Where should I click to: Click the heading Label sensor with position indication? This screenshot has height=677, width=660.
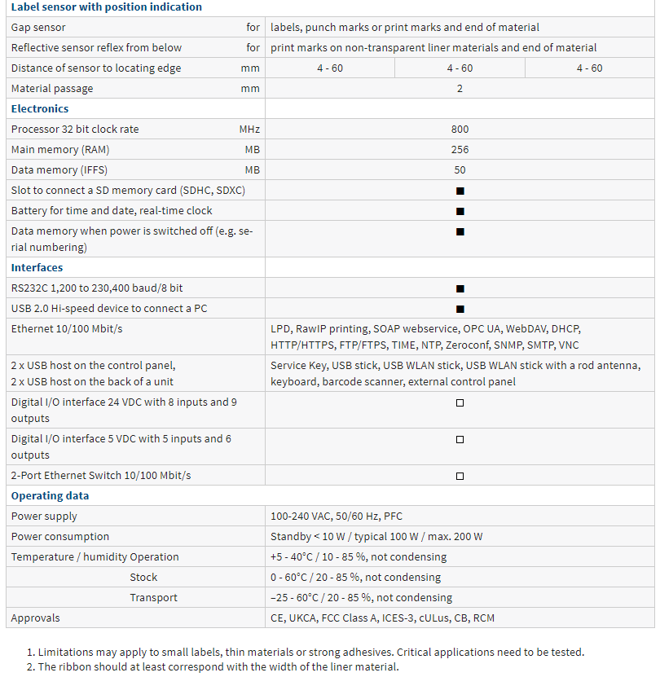coord(107,7)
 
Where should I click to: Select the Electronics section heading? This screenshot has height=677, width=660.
coord(40,108)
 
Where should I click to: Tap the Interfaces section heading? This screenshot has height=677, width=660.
coord(37,267)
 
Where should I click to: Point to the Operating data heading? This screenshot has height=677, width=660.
coord(51,495)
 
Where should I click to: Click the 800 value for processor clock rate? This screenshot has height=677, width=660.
coord(460,130)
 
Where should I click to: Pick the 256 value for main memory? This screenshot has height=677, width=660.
coord(460,150)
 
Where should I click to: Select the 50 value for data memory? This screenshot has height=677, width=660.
coord(460,170)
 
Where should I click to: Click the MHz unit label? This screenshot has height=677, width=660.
coord(249,130)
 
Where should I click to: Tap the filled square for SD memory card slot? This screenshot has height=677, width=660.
coord(460,191)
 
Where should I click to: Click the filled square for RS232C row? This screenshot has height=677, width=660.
coord(460,288)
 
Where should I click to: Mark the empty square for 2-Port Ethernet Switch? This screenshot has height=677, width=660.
coord(460,476)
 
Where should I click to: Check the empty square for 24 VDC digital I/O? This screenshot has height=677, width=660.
coord(460,402)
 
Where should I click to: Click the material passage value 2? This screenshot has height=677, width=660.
coord(460,89)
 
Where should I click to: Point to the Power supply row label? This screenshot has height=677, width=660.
coord(44,516)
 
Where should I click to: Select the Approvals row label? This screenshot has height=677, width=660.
coord(36,618)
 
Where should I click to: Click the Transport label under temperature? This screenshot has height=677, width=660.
coord(153,597)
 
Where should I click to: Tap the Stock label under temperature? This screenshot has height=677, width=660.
coord(143,577)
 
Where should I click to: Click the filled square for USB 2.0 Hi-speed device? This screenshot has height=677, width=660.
coord(460,309)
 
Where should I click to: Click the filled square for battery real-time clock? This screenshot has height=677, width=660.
coord(460,211)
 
